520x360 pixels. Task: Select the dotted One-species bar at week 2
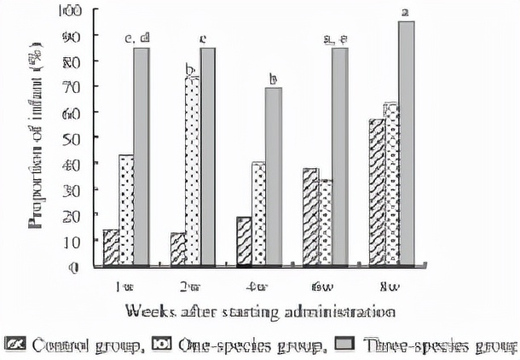pyautogui.click(x=194, y=171)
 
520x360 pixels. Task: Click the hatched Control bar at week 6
pyautogui.click(x=310, y=217)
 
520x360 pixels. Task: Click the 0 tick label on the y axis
pyautogui.click(x=75, y=267)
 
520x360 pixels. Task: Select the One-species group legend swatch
pyautogui.click(x=162, y=345)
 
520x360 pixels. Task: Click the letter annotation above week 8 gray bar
pyautogui.click(x=406, y=11)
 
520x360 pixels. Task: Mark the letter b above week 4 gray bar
pyautogui.click(x=274, y=79)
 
